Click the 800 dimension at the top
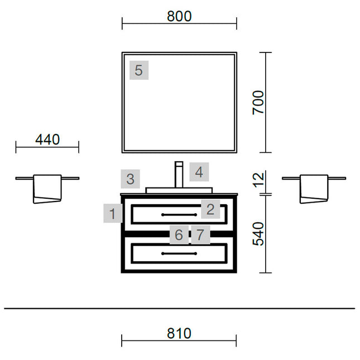pos(179,16)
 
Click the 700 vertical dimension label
pos(258,102)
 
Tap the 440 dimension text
pos(47,140)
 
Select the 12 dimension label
pos(258,180)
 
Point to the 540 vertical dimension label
pos(258,234)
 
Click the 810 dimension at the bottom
pos(179,333)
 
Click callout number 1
pos(113,213)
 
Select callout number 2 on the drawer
pos(210,209)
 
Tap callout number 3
pos(131,179)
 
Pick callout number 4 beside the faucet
pos(199,172)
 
